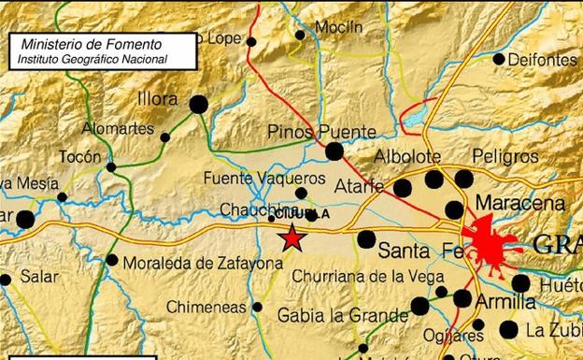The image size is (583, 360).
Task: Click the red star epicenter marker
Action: tap(292, 238)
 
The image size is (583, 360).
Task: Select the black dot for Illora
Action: tap(198, 105)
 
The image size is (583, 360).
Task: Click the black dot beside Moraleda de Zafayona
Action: tap(113, 260)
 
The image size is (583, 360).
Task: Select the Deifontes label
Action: tap(543, 59)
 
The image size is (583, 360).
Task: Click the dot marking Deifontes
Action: tap(499, 59)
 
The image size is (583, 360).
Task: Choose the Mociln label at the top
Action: tap(338, 28)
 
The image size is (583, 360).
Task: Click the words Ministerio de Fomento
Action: tap(91, 44)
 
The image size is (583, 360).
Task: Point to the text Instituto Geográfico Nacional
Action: tap(92, 59)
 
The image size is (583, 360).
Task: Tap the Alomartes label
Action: tap(117, 128)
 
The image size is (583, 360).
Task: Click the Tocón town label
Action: tap(79, 156)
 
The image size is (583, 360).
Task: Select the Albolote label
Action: tap(405, 156)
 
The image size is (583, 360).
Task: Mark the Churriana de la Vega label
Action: tap(357, 276)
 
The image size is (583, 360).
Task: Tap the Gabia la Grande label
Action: tap(332, 316)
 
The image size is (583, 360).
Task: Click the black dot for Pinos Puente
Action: tap(334, 151)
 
